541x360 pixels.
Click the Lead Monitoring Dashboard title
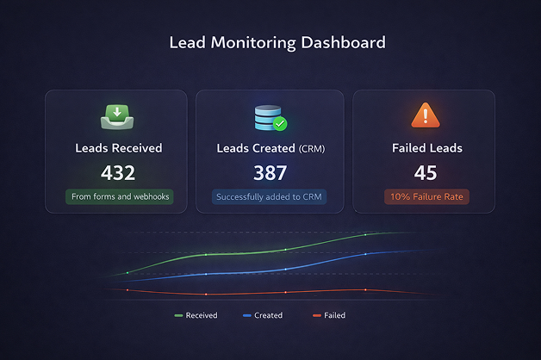(x=277, y=41)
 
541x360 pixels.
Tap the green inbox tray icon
(x=117, y=115)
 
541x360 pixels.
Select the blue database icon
(x=268, y=116)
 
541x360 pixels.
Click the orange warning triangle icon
(x=426, y=115)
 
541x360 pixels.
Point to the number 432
(x=118, y=173)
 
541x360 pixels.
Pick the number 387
(x=270, y=173)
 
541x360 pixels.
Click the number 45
(x=426, y=173)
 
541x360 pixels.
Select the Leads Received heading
(x=118, y=148)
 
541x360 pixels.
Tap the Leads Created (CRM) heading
(x=270, y=148)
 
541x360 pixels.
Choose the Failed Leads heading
(x=426, y=148)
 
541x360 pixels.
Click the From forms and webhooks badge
(x=119, y=197)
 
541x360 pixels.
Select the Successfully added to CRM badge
(x=270, y=197)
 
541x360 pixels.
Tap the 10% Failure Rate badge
(x=426, y=197)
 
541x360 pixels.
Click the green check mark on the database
(x=280, y=124)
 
